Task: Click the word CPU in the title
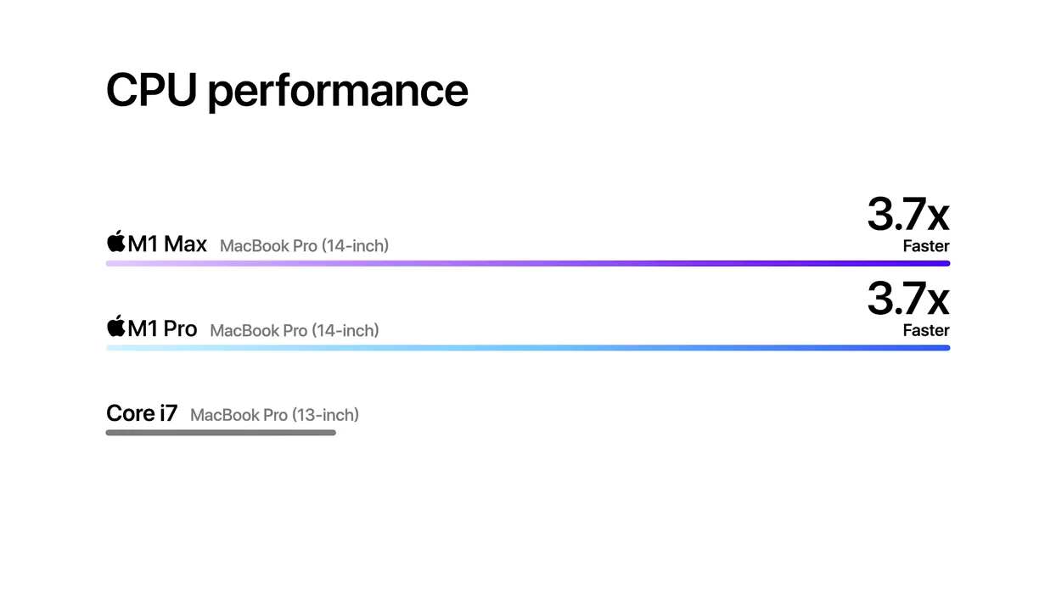[151, 90]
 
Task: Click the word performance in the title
[338, 92]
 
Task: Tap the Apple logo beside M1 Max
[116, 241]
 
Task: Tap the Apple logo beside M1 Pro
[116, 326]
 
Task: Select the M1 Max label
[167, 244]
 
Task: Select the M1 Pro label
[162, 328]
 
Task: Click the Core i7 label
[142, 413]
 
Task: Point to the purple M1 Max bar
[528, 264]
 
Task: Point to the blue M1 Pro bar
[528, 348]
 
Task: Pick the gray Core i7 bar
[221, 433]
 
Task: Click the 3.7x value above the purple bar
[908, 215]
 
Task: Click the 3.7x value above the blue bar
[908, 299]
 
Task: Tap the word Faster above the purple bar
[926, 246]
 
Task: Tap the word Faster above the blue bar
[926, 330]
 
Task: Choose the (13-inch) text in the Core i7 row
[325, 415]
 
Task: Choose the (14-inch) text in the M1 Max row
[355, 246]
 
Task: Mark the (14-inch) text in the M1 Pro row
[345, 331]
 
